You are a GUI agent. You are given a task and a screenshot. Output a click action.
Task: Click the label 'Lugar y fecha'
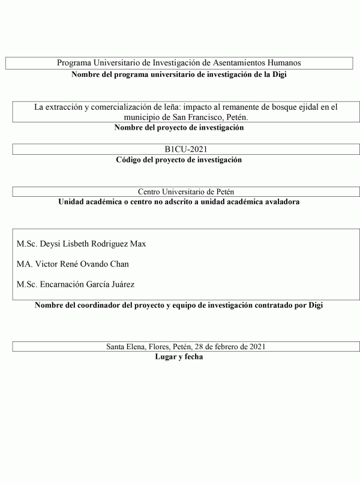click(x=179, y=357)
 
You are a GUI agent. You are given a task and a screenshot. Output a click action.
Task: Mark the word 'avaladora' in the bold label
click(x=280, y=202)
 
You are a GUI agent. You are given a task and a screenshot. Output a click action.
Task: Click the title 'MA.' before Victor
click(x=24, y=264)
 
